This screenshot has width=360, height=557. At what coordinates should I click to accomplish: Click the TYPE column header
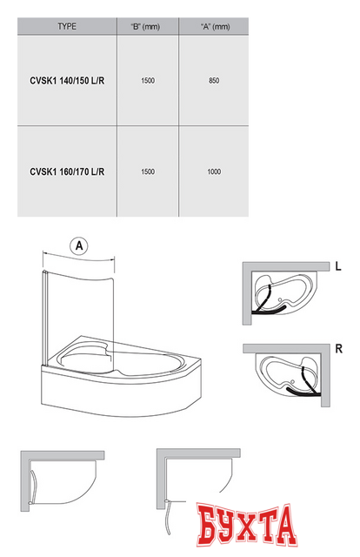[x=67, y=26]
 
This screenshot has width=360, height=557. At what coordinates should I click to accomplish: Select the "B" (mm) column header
[x=145, y=27]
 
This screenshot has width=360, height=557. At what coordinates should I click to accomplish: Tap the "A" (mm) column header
[x=215, y=27]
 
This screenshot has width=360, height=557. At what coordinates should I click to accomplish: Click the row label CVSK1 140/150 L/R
[x=67, y=81]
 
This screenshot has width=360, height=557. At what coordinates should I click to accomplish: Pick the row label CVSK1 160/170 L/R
[x=67, y=172]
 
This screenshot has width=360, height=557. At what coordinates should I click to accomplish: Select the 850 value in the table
[x=214, y=81]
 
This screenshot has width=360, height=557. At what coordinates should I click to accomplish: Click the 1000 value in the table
[x=214, y=172]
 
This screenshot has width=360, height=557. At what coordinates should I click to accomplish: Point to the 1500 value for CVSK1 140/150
[x=148, y=81]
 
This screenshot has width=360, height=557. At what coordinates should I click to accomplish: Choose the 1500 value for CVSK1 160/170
[x=148, y=172]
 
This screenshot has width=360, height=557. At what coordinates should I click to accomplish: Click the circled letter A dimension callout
[x=79, y=245]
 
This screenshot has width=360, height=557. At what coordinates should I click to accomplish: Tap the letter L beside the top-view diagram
[x=338, y=266]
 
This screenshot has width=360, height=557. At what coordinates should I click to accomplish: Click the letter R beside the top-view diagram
[x=339, y=349]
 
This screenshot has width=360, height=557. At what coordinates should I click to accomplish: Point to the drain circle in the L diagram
[x=281, y=299]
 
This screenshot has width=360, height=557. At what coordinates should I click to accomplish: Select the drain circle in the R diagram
[x=292, y=381]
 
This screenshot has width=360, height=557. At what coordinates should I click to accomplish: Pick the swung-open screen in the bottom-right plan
[x=169, y=517]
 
